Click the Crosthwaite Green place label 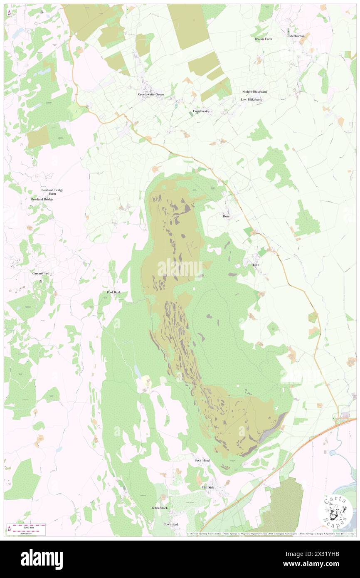151,94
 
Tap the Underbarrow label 296,36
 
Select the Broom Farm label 263,39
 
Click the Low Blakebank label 252,100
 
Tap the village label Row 226,217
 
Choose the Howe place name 255,265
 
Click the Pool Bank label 113,293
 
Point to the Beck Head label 202,461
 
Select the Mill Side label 208,487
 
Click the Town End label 171,524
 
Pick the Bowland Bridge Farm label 52,192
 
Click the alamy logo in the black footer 42,559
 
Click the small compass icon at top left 9,13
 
